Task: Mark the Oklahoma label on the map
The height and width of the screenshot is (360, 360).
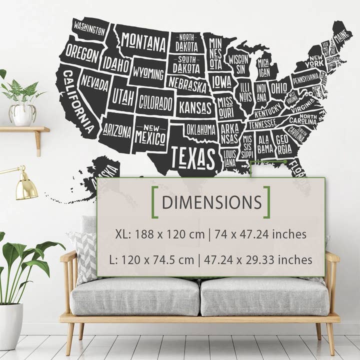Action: (x=200, y=129)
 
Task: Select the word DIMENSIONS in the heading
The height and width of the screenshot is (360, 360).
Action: (x=211, y=202)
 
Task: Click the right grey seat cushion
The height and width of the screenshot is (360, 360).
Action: (x=265, y=296)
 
